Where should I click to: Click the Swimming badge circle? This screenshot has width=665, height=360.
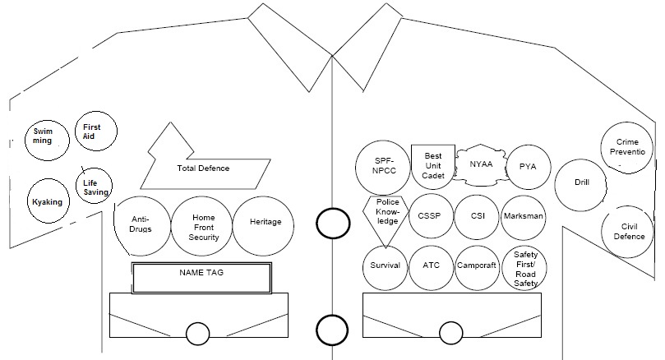coord(43,136)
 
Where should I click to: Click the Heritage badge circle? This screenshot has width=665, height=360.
coord(265,223)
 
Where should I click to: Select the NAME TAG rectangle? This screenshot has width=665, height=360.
coord(201,278)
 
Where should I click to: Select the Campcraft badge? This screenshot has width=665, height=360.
coord(478,267)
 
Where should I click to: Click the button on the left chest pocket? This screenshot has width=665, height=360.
coord(197,334)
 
